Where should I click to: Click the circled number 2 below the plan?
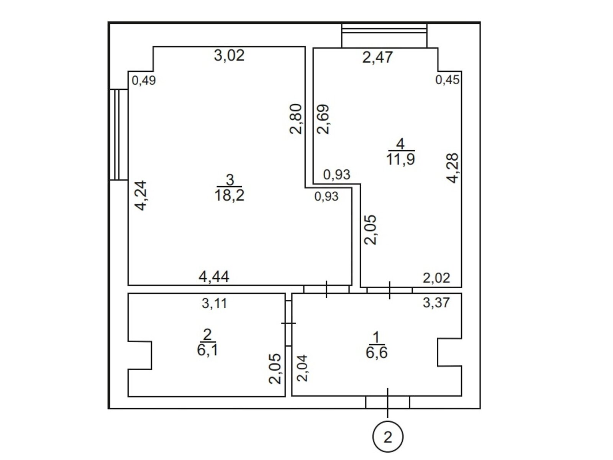coord(387,437)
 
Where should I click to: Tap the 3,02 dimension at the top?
coord(229,55)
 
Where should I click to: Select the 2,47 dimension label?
coord(377,57)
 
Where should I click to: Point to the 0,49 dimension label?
coord(144,80)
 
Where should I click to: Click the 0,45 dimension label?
coord(447,80)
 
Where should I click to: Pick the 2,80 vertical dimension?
coord(296,119)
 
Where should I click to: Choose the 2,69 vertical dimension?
coord(323,119)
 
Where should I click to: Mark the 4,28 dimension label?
coord(452,168)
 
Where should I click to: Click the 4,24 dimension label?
coord(140,195)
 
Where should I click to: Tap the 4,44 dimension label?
coord(214,276)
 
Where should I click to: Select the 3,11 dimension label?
coord(214,303)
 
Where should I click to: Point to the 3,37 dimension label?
coord(436,302)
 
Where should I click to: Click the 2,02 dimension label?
coord(436,278)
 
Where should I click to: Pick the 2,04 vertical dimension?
coord(302,368)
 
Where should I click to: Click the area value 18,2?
coord(229,195)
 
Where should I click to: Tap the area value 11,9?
coord(400,159)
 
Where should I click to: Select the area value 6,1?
coord(207,350)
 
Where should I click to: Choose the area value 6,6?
coord(377,353)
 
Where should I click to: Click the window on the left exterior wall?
coord(119,134)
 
